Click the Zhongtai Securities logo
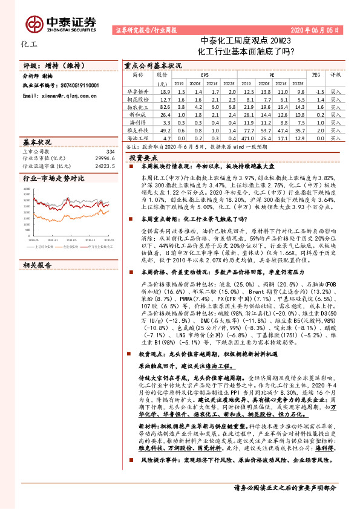(x=61, y=22)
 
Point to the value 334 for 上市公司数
(x=110, y=151)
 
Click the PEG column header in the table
(x=315, y=75)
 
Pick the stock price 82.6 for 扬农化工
(x=163, y=106)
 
